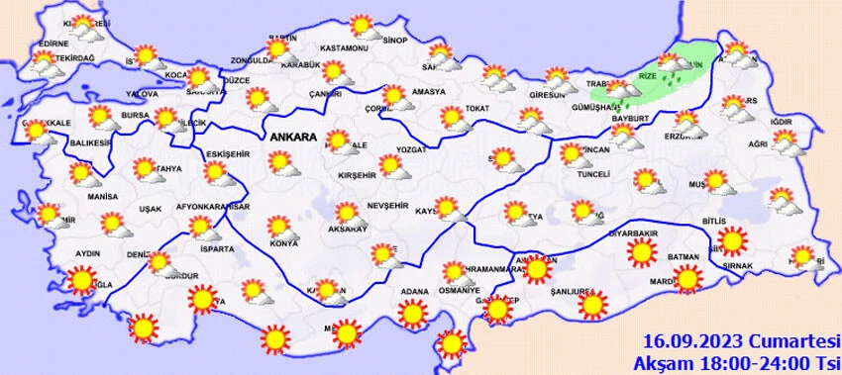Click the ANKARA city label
tap(289, 138)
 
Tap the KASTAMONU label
tap(345, 48)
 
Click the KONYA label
tap(282, 243)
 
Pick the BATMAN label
tap(683, 256)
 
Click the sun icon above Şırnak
tap(732, 241)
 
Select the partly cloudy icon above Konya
tap(281, 229)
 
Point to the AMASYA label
tap(429, 91)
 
